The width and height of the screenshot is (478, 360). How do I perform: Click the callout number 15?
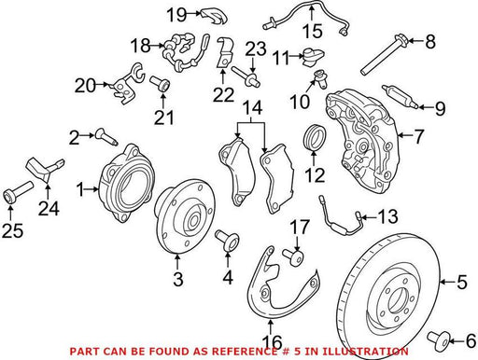point(313,31)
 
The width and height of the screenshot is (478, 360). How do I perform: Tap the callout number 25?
point(12,230)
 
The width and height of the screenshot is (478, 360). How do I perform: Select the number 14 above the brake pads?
point(252,107)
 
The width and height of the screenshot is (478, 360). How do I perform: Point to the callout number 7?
point(419,136)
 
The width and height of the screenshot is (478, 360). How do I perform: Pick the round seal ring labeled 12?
point(315,136)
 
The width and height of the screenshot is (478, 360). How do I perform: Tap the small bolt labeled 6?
point(439,339)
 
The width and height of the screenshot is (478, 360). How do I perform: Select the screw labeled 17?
point(293,256)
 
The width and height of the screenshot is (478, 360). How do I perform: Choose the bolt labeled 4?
point(227,241)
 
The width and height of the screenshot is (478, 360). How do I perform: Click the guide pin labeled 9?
point(400,96)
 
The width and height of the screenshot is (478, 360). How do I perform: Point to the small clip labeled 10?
point(319,77)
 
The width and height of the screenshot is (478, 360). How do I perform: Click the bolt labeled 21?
point(160,84)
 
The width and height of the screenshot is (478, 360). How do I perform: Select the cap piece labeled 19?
point(214,16)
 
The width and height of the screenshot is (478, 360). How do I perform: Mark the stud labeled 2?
point(106,138)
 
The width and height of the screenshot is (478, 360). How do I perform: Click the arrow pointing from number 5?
point(447,282)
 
